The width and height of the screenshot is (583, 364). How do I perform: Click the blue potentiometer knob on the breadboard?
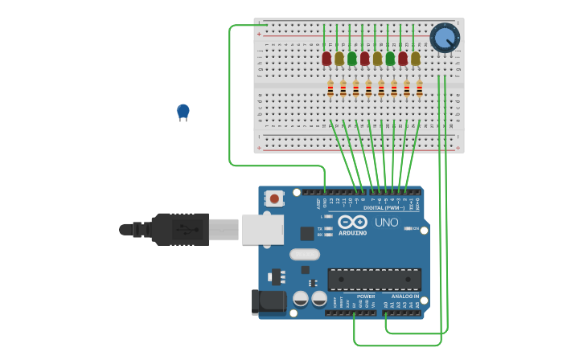[x=445, y=38]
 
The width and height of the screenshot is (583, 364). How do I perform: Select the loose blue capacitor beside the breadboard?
[x=183, y=111]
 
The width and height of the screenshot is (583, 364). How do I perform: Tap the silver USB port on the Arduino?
[x=262, y=229]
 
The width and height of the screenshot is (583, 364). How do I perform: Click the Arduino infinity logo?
[x=353, y=222]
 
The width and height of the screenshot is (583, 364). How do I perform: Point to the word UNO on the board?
[x=386, y=223]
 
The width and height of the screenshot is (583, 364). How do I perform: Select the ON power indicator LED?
[x=409, y=228]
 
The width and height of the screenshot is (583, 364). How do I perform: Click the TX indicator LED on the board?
[x=329, y=228]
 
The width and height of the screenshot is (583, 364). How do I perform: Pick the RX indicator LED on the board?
[x=329, y=235]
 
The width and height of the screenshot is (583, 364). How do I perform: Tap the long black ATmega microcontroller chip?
[x=374, y=279]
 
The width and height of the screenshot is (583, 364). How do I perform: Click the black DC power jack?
[x=268, y=301]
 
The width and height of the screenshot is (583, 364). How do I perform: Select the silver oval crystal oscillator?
[x=305, y=255]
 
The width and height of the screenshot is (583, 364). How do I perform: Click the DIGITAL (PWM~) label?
[x=384, y=208]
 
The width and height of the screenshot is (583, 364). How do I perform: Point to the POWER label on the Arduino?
[x=365, y=297]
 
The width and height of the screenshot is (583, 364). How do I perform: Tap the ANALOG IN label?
[x=404, y=297]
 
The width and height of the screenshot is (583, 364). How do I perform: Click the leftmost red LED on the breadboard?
[x=326, y=59]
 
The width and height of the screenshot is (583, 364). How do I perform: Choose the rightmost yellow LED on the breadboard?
[x=415, y=59]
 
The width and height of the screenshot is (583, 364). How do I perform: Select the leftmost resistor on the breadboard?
[x=331, y=89]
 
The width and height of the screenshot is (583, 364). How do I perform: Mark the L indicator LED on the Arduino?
[x=329, y=216]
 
